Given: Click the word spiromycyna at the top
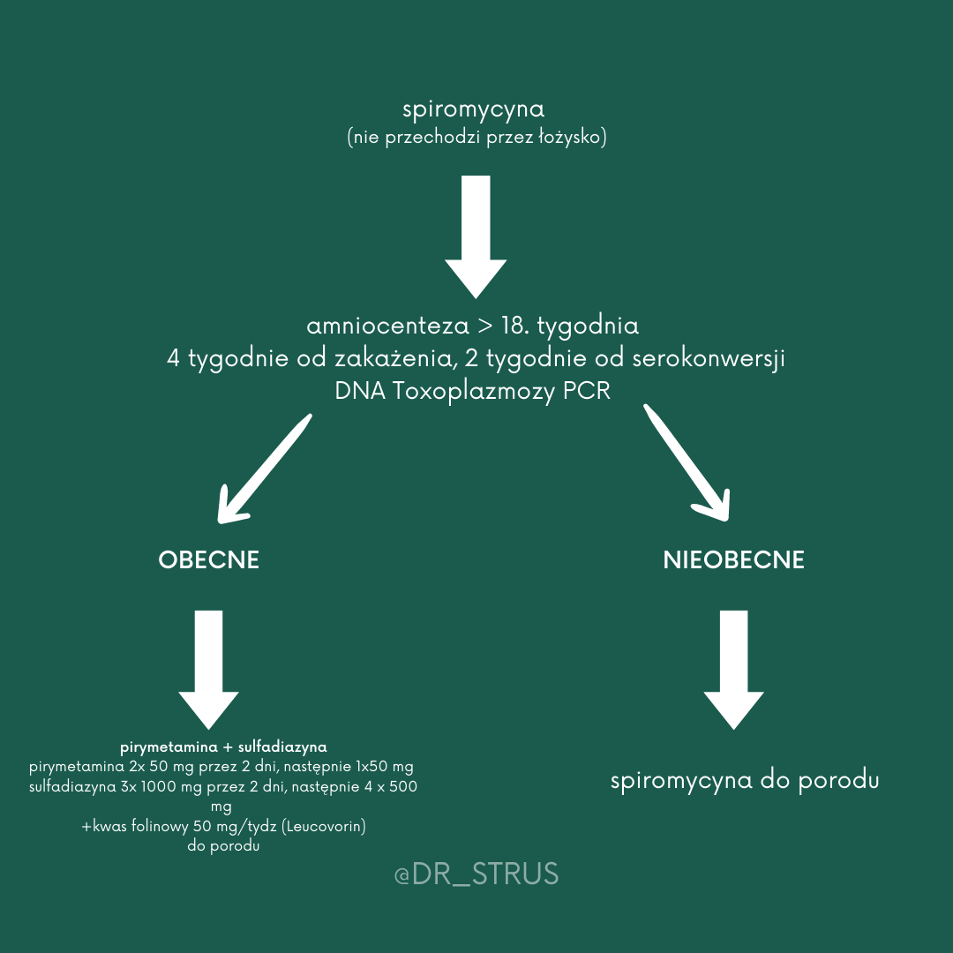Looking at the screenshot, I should [x=473, y=110].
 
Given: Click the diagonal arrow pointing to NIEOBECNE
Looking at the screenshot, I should [x=688, y=462].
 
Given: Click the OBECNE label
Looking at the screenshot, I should [x=209, y=560].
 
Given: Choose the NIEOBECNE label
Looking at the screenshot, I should [x=733, y=560].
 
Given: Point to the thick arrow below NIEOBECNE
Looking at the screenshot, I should [x=733, y=670].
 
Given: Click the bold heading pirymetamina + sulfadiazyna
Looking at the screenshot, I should [x=223, y=747].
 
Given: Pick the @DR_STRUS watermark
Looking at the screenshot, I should [x=476, y=874].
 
